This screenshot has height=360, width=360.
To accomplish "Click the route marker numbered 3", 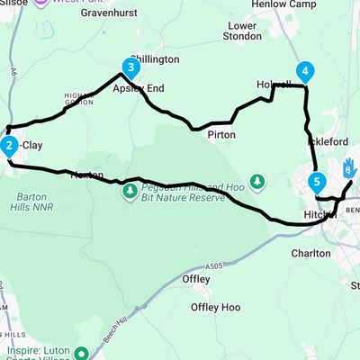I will coord(131,67).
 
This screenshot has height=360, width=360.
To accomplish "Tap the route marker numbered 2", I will coord(8,145).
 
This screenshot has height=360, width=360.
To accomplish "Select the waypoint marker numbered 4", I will coord(306,72).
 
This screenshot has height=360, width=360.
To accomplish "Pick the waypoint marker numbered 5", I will coord(316,182).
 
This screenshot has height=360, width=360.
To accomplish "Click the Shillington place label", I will coord(154,58).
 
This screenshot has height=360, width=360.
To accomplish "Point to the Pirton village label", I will coord(220,134).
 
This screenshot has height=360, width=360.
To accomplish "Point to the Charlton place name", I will coord(312,254).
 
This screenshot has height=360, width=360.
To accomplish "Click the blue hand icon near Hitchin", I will coord(349,166).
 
